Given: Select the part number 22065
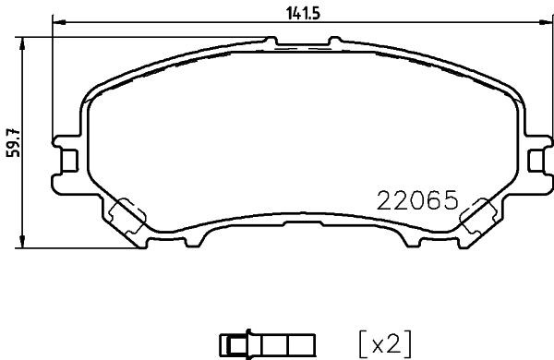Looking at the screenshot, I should point(416,200).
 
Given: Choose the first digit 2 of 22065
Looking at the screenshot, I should point(383,200).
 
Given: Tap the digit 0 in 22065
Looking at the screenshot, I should point(416,200).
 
